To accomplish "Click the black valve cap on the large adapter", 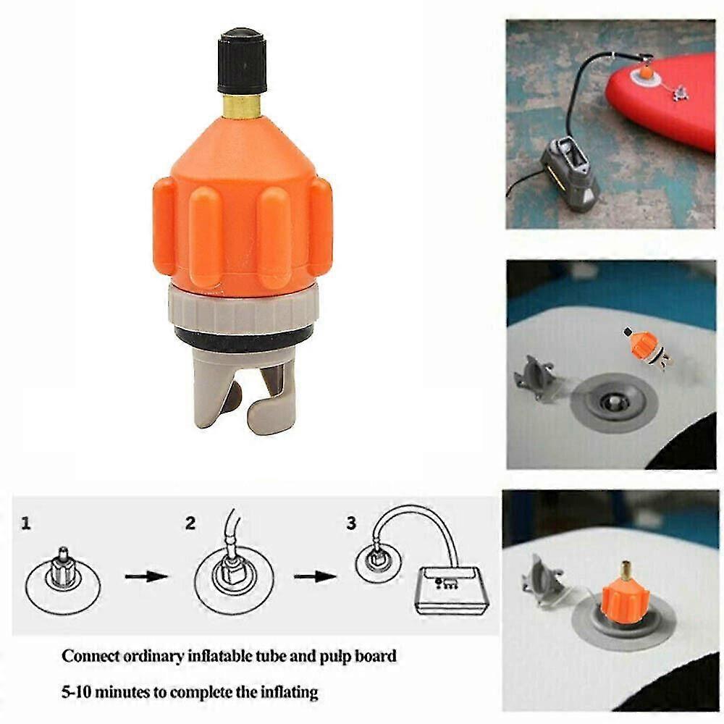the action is coord(242,62).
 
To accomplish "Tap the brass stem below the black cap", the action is coord(242,105).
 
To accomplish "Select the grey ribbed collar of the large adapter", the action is coord(243,309).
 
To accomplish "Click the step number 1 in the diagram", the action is coord(26,523).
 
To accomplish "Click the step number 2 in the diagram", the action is coord(190,523).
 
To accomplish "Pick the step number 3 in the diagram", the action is coord(351,523).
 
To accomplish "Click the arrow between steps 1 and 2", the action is coord(146,576).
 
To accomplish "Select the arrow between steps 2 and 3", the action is coord(315,576).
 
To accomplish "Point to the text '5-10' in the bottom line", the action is coord(76,692).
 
